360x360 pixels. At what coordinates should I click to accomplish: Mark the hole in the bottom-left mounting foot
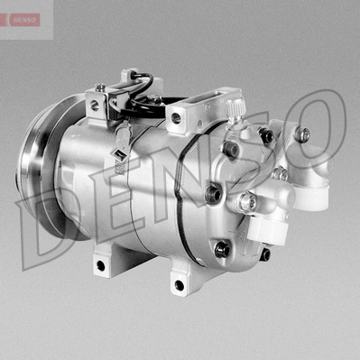[99, 265]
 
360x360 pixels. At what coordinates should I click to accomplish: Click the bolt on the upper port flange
[301, 134]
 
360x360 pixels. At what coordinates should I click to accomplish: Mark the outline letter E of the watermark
[118, 194]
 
